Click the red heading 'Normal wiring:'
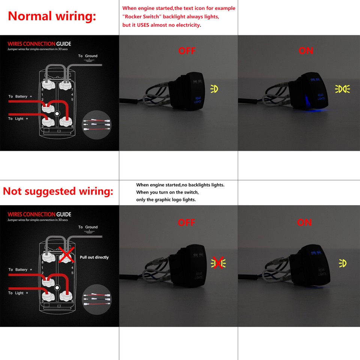(52, 16)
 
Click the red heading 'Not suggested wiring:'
(58, 191)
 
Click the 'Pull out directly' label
(94, 257)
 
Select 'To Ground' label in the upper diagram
(88, 56)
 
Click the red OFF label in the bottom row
(186, 223)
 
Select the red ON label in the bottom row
(304, 223)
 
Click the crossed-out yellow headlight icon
(218, 263)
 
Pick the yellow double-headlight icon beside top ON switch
(342, 89)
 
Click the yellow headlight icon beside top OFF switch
(214, 89)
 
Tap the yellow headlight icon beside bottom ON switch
(342, 263)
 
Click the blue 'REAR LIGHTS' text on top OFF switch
(197, 100)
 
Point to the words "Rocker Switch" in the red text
(141, 17)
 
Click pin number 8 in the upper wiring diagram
(42, 90)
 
